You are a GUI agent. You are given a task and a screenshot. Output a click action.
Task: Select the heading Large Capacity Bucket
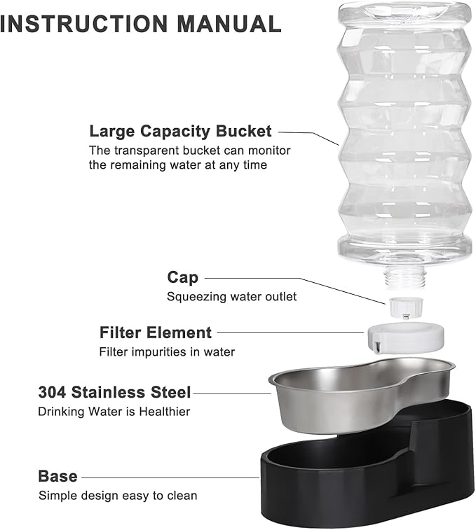(x=180, y=131)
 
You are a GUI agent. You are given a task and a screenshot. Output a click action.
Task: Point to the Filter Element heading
(x=155, y=332)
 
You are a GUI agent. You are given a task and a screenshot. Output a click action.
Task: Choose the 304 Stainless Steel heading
(x=114, y=391)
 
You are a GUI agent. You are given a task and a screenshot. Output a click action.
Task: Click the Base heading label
(x=57, y=476)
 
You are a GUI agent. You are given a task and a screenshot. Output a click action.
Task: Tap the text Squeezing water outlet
(x=231, y=296)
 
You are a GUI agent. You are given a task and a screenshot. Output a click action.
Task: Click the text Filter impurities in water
(x=167, y=351)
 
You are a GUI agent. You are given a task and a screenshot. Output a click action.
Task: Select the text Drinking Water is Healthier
(x=114, y=411)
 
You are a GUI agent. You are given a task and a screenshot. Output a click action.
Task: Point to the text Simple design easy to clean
(x=118, y=496)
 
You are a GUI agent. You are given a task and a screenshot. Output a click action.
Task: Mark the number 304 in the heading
(x=52, y=391)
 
